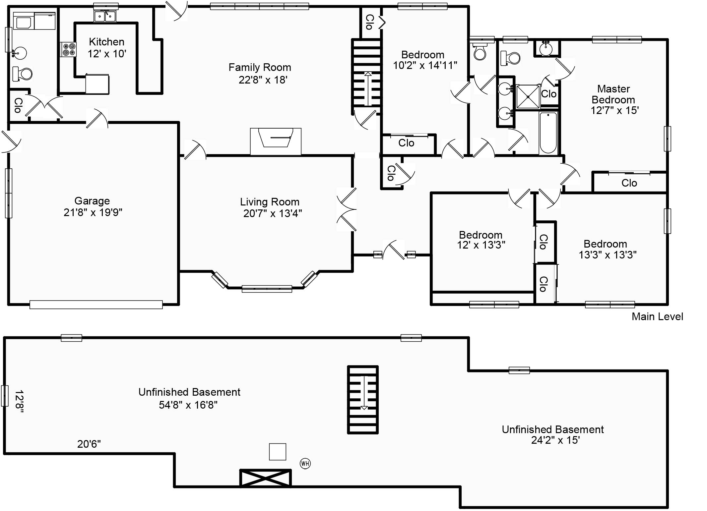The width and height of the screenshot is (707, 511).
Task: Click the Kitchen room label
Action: tap(107, 42)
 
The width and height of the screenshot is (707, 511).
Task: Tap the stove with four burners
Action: tap(68, 49)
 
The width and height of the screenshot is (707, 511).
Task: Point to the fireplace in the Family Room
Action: tap(276, 142)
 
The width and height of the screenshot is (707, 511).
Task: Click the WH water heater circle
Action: tap(305, 463)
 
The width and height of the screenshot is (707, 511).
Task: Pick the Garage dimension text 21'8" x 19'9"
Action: tap(93, 212)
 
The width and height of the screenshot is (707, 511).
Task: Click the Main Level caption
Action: tap(657, 316)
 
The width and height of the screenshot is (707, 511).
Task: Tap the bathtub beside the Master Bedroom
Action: tap(548, 133)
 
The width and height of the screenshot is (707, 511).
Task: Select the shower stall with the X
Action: tap(528, 96)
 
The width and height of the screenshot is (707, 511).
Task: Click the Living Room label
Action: tap(270, 202)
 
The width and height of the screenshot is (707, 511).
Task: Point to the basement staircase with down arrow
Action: tap(363, 400)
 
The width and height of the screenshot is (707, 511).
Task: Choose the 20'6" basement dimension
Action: tap(89, 444)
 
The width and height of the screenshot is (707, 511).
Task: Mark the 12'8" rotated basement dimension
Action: tap(19, 402)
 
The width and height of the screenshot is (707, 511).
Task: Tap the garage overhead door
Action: tap(96, 305)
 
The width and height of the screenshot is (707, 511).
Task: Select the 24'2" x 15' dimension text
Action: tap(555, 440)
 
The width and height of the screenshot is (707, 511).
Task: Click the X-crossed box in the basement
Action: tap(265, 478)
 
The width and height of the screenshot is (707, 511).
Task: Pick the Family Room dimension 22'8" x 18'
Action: tap(263, 80)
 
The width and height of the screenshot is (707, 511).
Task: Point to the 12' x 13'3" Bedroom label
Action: tap(481, 240)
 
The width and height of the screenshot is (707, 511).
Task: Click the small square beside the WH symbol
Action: tap(278, 452)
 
